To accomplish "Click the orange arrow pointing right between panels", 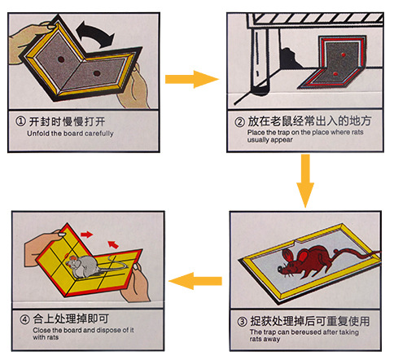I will (192, 79).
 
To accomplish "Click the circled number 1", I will (20, 121).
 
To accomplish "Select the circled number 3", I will (239, 321).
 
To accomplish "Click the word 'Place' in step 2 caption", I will (245, 133).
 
